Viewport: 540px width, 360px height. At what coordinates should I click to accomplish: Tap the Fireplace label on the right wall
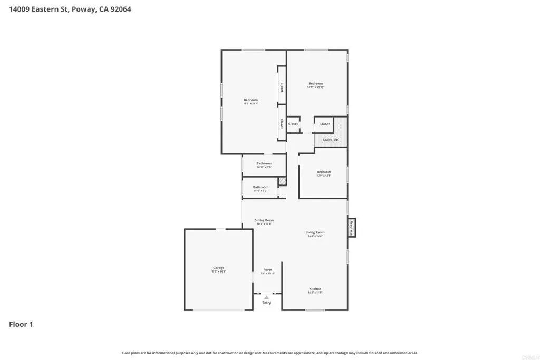pos(351,227)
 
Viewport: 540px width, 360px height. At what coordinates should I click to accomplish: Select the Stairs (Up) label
pos(331,140)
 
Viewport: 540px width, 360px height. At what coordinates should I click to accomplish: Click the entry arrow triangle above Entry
pos(266,297)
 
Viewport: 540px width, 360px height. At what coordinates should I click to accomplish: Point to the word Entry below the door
pos(266,303)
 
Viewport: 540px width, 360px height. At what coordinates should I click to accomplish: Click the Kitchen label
pos(315,289)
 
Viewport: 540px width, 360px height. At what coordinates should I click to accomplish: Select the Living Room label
pos(315,232)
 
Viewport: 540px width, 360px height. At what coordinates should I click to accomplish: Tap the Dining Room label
pos(264,220)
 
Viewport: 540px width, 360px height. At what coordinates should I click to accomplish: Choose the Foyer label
pos(268,270)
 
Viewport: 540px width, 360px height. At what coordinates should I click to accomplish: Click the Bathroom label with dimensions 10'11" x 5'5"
pos(264,163)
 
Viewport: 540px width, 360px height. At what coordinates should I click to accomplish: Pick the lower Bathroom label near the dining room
pos(261,187)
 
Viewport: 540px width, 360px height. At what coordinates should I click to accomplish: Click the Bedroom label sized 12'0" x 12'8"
pos(324,172)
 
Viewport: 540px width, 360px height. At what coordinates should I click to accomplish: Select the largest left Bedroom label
pos(250,100)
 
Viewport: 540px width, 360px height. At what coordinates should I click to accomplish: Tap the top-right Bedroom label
pos(315,84)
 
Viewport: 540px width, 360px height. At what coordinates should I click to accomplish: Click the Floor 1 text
pos(21,324)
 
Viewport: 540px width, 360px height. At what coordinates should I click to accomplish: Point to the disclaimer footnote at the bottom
pos(270,353)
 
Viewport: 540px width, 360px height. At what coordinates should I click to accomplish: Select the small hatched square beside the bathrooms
pos(282,181)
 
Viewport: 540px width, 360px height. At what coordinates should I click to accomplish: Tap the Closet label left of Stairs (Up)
pos(293,124)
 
